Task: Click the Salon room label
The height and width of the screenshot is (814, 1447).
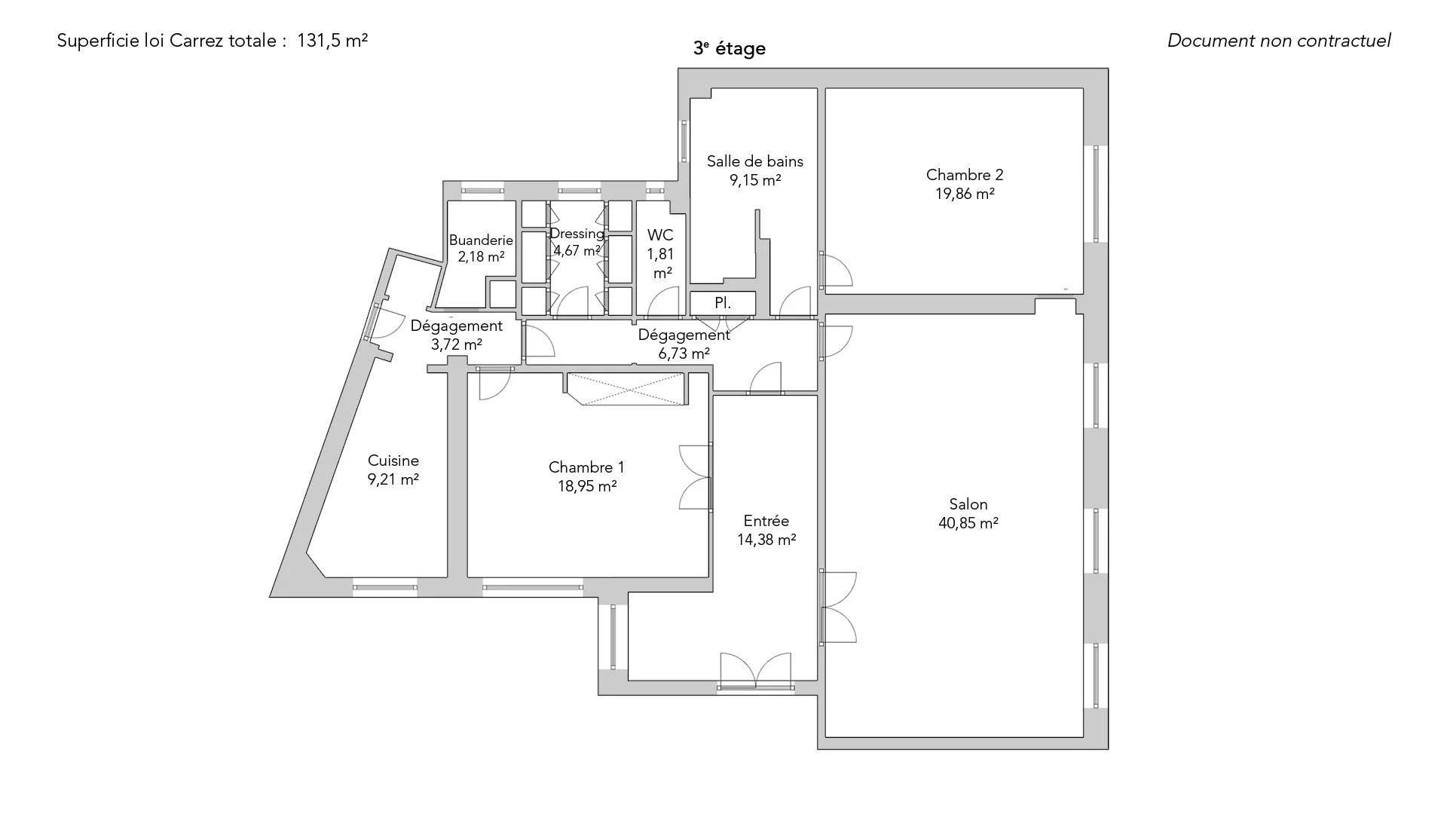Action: coord(968,504)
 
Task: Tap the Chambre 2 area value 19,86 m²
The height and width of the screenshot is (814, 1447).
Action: coord(965,194)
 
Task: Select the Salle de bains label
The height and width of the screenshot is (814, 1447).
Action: coord(754,161)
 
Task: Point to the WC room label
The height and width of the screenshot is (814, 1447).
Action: coord(660,235)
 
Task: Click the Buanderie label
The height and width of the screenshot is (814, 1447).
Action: coord(481,240)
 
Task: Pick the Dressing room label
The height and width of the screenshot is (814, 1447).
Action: coord(577,234)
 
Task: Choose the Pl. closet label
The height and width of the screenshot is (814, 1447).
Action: coord(723,303)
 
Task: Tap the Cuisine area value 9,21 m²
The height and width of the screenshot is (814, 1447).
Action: coord(393,479)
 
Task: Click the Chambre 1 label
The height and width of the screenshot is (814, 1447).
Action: coord(586,467)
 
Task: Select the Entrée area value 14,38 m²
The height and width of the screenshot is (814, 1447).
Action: coord(766,540)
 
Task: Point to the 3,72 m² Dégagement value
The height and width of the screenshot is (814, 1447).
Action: coord(456,344)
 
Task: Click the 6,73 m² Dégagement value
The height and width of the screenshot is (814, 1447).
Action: coord(684,353)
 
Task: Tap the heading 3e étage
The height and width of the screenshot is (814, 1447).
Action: coord(730,48)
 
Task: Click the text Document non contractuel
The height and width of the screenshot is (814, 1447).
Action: coord(1279,41)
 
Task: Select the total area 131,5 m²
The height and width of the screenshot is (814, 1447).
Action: coord(332,41)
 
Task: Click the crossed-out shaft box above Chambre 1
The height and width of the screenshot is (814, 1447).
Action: coord(626,389)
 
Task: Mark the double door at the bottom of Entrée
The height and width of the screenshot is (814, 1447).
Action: coord(755,670)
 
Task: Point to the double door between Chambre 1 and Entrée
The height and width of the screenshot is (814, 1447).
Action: coord(696,477)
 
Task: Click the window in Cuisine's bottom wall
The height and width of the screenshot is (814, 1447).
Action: coord(385,587)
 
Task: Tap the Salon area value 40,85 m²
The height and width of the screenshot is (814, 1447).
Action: coord(968,523)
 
